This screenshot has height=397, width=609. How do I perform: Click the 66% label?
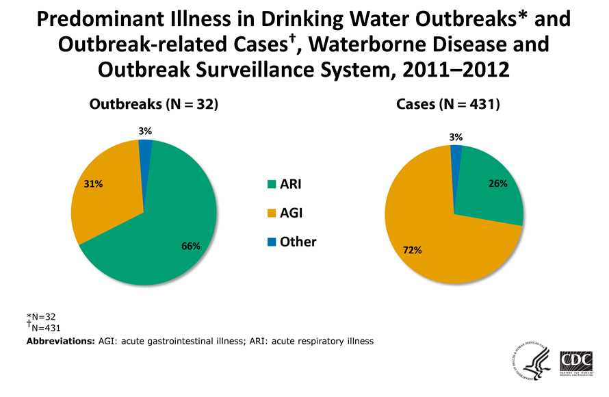191,246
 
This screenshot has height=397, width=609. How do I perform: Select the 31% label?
93,184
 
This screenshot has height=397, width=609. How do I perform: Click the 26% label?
497,184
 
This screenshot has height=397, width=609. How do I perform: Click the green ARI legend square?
272,185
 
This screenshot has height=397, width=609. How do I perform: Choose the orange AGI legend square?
272,214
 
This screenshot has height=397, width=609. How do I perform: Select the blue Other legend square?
272,242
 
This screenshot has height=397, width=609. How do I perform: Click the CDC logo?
576,362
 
